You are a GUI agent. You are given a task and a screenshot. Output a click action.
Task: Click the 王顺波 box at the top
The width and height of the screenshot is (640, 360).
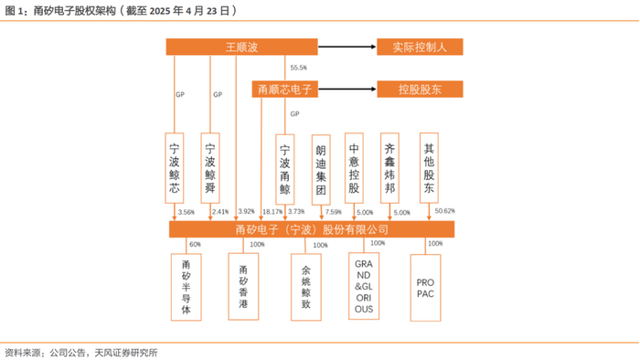point(241,47)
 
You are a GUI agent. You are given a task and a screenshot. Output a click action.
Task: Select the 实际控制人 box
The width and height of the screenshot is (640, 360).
point(420,47)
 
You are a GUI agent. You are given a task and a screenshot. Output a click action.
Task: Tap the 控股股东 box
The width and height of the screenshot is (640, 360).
point(420,90)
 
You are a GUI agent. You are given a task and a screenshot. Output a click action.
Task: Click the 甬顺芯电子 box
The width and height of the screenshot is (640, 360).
point(285,90)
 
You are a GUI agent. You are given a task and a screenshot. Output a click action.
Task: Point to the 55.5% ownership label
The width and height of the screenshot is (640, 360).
point(298,68)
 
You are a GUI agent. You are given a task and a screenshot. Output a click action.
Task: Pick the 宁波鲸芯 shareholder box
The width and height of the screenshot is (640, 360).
point(175,168)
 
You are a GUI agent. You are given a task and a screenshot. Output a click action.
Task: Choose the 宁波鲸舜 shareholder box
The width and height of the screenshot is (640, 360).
point(210,168)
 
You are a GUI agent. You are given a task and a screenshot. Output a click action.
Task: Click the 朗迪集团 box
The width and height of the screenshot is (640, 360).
point(321,170)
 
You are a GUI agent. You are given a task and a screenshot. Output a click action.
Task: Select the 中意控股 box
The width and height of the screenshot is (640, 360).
point(354,168)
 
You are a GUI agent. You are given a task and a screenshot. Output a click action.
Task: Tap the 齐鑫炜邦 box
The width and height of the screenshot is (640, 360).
point(389,168)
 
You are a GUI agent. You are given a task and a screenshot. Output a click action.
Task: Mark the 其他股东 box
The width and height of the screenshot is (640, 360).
point(429,167)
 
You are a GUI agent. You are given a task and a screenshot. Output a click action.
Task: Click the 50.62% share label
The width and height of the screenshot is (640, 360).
point(445,211)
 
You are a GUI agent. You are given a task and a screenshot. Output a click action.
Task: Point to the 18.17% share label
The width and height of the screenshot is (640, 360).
point(272,212)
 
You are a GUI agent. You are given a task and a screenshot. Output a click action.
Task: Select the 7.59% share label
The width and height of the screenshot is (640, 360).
point(334,212)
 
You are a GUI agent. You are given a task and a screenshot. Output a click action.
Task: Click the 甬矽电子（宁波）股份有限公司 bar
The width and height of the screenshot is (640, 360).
point(312,229)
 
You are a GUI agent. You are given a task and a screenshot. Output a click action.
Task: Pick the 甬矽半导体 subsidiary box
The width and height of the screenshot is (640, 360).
point(187,287)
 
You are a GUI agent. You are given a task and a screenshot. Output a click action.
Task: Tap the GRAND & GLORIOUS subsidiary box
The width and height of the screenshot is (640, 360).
point(364,286)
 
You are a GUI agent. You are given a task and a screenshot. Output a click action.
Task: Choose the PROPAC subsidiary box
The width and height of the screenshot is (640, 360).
point(425,288)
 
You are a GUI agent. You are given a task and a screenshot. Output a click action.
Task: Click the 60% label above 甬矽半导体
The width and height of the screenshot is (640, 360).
point(195,244)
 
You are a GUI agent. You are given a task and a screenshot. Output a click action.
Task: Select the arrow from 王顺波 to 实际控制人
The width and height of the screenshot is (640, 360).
point(347,47)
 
